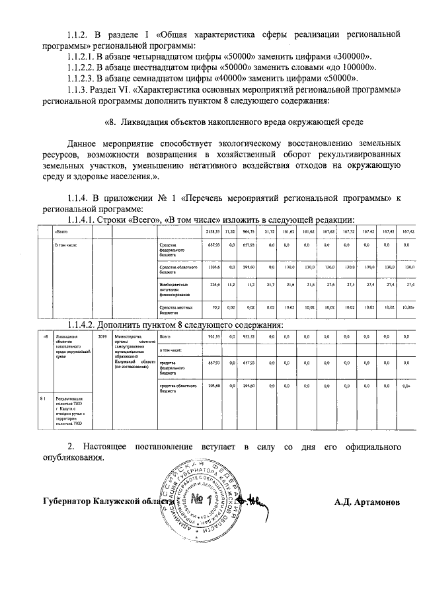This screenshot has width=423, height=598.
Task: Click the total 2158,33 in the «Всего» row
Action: pos(212,232)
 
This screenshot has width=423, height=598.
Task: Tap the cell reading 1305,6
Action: pos(213,267)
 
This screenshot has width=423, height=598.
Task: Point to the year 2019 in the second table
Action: pos(102,336)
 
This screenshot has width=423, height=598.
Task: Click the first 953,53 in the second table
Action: pos(213,336)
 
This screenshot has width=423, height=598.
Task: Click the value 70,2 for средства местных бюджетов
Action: pos(215,308)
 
